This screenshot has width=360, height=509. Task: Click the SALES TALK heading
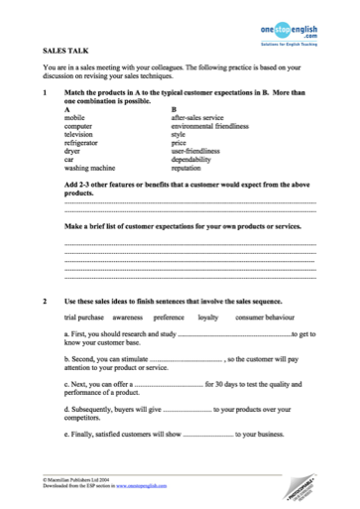pyautogui.click(x=62, y=48)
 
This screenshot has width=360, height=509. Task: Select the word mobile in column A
pyautogui.click(x=74, y=117)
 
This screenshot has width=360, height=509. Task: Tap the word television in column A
pyautogui.click(x=80, y=135)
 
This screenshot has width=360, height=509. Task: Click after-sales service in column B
pyautogui.click(x=202, y=117)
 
